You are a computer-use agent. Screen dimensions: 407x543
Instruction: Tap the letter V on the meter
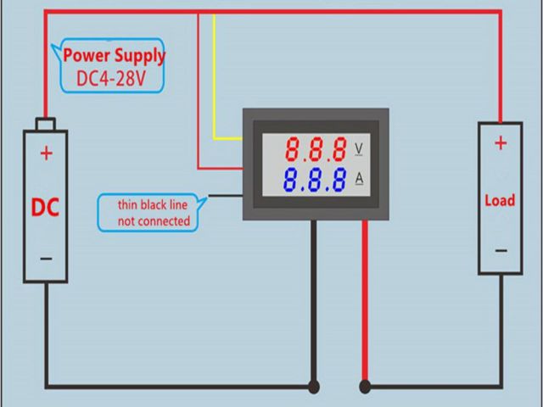coord(358,149)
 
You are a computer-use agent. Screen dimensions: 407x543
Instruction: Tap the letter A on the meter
coord(358,178)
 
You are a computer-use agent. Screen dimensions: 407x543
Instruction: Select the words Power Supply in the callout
coord(115,57)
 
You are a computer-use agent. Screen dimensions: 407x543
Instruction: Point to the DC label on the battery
coord(45,208)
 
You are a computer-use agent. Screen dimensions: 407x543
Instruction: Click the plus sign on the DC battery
coord(46,153)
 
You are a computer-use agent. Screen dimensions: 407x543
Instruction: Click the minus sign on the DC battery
coord(46,259)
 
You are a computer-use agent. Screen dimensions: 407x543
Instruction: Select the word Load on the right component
coord(500,200)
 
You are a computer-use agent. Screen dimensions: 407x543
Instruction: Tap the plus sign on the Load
coord(501,142)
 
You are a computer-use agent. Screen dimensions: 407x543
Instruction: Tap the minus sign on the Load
coord(501,250)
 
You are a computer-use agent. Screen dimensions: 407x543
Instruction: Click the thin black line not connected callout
coord(152,211)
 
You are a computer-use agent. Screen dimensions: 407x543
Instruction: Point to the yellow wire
coord(215,85)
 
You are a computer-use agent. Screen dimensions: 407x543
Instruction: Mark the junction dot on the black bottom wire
coord(314,387)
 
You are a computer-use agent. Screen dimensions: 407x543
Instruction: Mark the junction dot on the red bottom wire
coord(366,387)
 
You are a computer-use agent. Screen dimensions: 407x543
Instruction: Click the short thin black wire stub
coord(225,196)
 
